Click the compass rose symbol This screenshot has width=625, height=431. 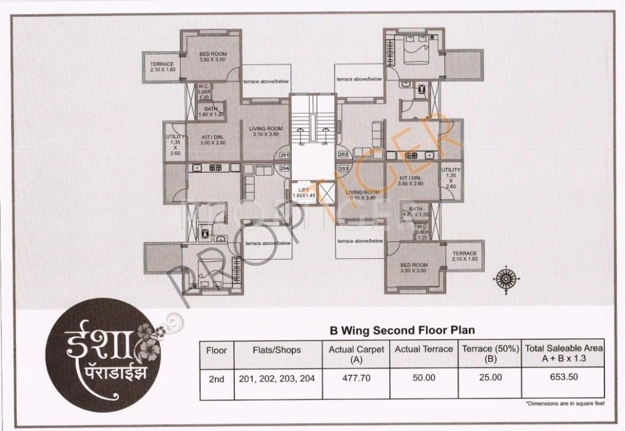point(506,278)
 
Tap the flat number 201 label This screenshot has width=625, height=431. point(283,155)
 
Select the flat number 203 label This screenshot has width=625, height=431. point(343,167)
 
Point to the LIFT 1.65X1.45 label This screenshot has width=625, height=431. point(303,193)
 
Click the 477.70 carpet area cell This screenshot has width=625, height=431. point(356,378)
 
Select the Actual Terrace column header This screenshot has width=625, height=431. point(424,349)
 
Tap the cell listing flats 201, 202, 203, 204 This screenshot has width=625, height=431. point(276,378)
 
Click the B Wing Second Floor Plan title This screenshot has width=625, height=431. point(402,330)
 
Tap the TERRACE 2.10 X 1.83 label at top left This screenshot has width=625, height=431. point(162,67)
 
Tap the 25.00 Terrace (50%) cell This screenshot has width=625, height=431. point(490,378)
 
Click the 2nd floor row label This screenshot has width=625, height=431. point(216,378)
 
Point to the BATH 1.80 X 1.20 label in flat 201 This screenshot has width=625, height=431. point(211,111)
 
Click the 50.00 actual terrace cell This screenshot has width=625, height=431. point(424,378)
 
